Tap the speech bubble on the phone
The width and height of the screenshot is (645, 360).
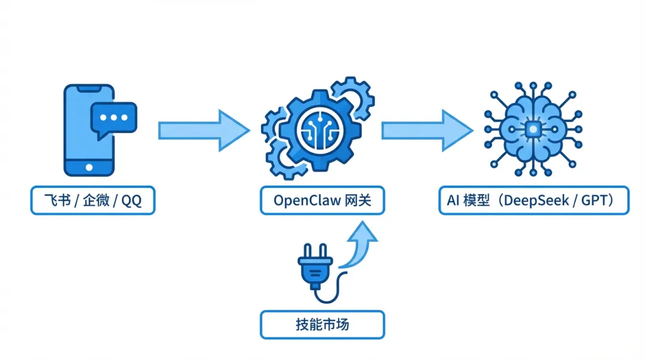point(113,119)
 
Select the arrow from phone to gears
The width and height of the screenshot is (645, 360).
point(203,131)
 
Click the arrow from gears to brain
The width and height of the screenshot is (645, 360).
point(426,131)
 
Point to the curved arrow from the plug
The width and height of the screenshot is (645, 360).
point(360,245)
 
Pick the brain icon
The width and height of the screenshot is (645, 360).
point(533,130)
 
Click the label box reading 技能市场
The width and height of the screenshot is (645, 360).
point(322,325)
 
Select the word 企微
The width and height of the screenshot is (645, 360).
point(96,200)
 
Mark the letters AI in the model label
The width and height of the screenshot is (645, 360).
point(453,200)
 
